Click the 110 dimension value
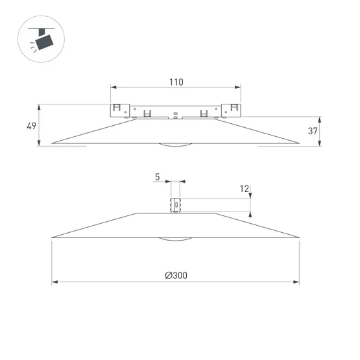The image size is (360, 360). tap(176, 82)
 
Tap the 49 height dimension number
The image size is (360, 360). tap(31, 126)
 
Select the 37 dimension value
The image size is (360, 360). tap(313, 131)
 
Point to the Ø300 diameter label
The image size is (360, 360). tap(176, 275)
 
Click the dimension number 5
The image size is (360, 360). tap(157, 177)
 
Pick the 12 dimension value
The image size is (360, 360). tap(245, 189)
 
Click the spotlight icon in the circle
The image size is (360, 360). tap(42, 39)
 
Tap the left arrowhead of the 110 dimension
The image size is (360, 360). tap(114, 88)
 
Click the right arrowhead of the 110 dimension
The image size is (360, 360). tap(237, 88)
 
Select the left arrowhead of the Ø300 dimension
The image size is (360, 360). tap(54, 282)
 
